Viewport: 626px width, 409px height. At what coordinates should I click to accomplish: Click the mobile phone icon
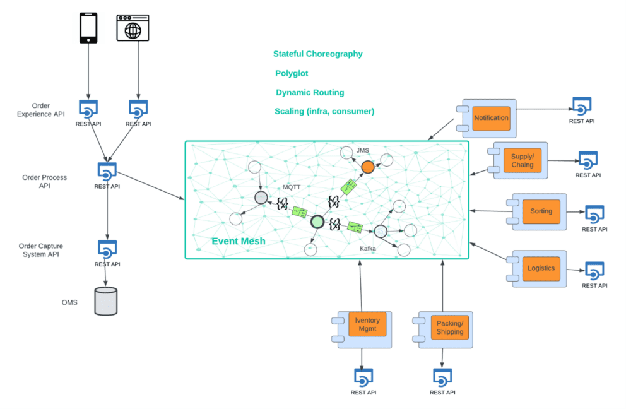(88, 28)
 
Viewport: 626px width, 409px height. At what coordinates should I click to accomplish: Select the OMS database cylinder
(105, 301)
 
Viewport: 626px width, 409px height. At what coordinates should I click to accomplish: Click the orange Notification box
(491, 118)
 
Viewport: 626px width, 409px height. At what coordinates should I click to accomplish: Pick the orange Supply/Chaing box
(522, 160)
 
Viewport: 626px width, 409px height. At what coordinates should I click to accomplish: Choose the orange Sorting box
(541, 211)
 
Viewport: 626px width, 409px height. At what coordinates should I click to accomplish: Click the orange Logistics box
(541, 268)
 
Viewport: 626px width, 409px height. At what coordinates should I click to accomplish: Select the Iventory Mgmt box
(367, 324)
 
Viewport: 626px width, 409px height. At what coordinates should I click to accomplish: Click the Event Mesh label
(238, 241)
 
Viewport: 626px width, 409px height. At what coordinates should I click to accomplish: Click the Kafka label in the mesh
(368, 249)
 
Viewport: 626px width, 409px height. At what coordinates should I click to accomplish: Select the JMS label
(362, 150)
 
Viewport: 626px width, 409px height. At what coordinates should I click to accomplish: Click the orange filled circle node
(367, 167)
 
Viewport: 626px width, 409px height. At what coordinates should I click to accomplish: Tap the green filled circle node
(317, 222)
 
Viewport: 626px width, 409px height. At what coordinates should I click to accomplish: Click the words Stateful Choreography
(317, 54)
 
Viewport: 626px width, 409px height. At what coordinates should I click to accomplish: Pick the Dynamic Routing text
(310, 92)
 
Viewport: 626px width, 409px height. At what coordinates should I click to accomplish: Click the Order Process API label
(44, 182)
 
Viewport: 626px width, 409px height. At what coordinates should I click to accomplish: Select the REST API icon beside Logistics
(594, 271)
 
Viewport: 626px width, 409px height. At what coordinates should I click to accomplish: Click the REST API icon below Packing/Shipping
(442, 377)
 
